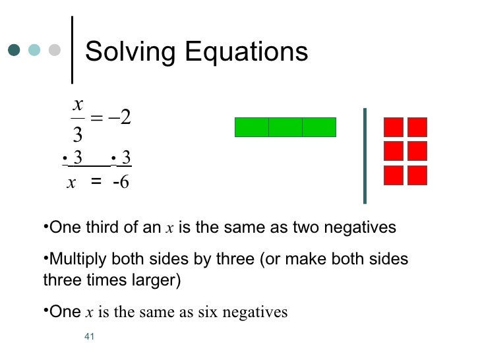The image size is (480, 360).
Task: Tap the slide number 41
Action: tap(91, 338)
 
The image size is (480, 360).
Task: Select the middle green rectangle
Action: tap(285, 127)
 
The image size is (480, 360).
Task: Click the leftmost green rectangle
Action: tap(251, 127)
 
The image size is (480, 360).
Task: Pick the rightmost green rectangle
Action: tap(319, 127)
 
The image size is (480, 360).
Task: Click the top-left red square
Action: tap(394, 127)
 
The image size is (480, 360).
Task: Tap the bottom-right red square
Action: tap(417, 175)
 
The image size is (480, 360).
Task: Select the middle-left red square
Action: tap(394, 151)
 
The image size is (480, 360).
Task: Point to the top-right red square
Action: tap(417, 127)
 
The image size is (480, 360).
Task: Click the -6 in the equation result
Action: tap(121, 183)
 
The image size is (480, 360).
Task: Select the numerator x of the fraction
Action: tap(78, 104)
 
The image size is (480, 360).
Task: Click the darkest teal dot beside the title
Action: tap(14, 50)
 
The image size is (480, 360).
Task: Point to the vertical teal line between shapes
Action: tap(364, 155)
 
